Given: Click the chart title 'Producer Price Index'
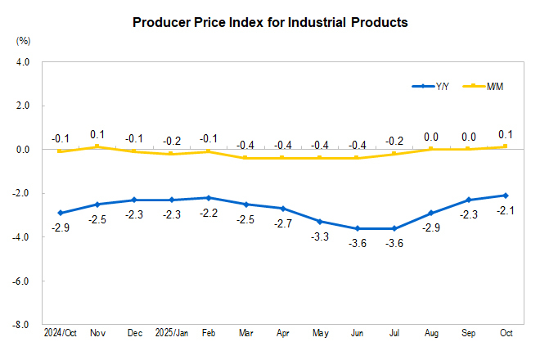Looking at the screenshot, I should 270,23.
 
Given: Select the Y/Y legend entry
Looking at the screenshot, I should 433,86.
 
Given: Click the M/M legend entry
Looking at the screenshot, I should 484,86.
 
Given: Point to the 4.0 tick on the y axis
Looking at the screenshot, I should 22,62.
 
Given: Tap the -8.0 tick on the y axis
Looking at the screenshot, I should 20,325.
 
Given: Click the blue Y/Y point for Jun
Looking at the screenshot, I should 357,228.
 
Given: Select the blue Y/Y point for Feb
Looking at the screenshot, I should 209,198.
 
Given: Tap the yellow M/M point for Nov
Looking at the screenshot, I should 97,147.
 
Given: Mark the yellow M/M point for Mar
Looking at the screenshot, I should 245,158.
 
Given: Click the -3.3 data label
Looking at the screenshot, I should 320,237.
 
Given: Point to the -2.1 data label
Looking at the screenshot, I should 506,211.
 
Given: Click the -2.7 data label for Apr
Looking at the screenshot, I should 283,224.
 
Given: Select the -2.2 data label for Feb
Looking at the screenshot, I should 209,214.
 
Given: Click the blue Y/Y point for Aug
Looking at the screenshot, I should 431,213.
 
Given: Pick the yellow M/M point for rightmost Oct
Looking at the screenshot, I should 506,147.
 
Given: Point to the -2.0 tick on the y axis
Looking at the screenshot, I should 20,194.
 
